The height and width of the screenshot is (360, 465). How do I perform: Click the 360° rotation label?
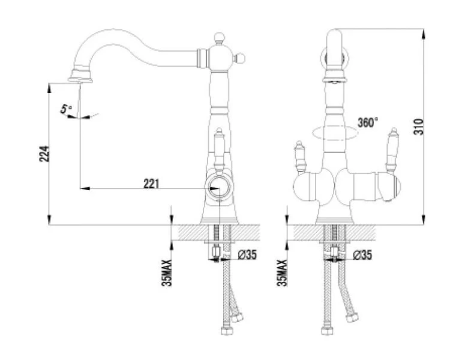pyautogui.click(x=367, y=122)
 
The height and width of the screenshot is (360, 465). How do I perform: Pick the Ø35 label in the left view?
pyautogui.click(x=247, y=254)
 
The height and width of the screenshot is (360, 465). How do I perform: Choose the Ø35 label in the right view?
pyautogui.click(x=362, y=254)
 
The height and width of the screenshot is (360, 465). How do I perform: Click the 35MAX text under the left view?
pyautogui.click(x=167, y=273)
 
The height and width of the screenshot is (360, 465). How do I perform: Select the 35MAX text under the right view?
pyautogui.click(x=282, y=273)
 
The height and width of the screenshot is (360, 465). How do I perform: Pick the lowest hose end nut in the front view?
pyautogui.click(x=328, y=332)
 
